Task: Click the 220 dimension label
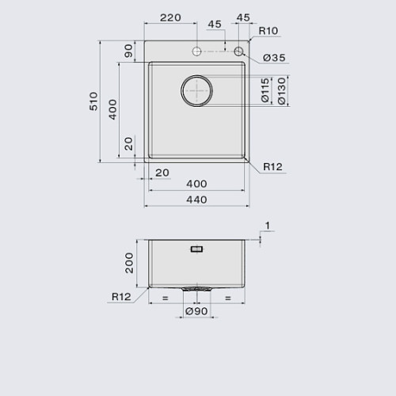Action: (x=170, y=17)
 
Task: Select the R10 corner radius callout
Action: (x=268, y=31)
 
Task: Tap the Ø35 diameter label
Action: (x=274, y=58)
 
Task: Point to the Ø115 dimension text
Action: (x=265, y=90)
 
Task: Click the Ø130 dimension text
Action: (x=282, y=91)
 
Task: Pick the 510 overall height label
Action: (x=93, y=101)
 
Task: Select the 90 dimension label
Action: (x=128, y=51)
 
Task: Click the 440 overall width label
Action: (x=196, y=200)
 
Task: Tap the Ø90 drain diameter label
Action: (x=196, y=311)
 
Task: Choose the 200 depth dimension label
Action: (x=129, y=263)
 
